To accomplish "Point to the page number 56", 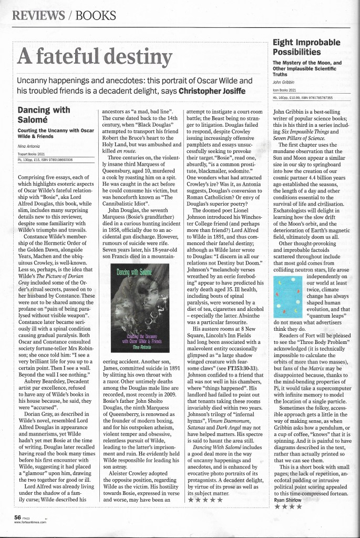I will click(17, 517).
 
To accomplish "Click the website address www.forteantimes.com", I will click(30, 522).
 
